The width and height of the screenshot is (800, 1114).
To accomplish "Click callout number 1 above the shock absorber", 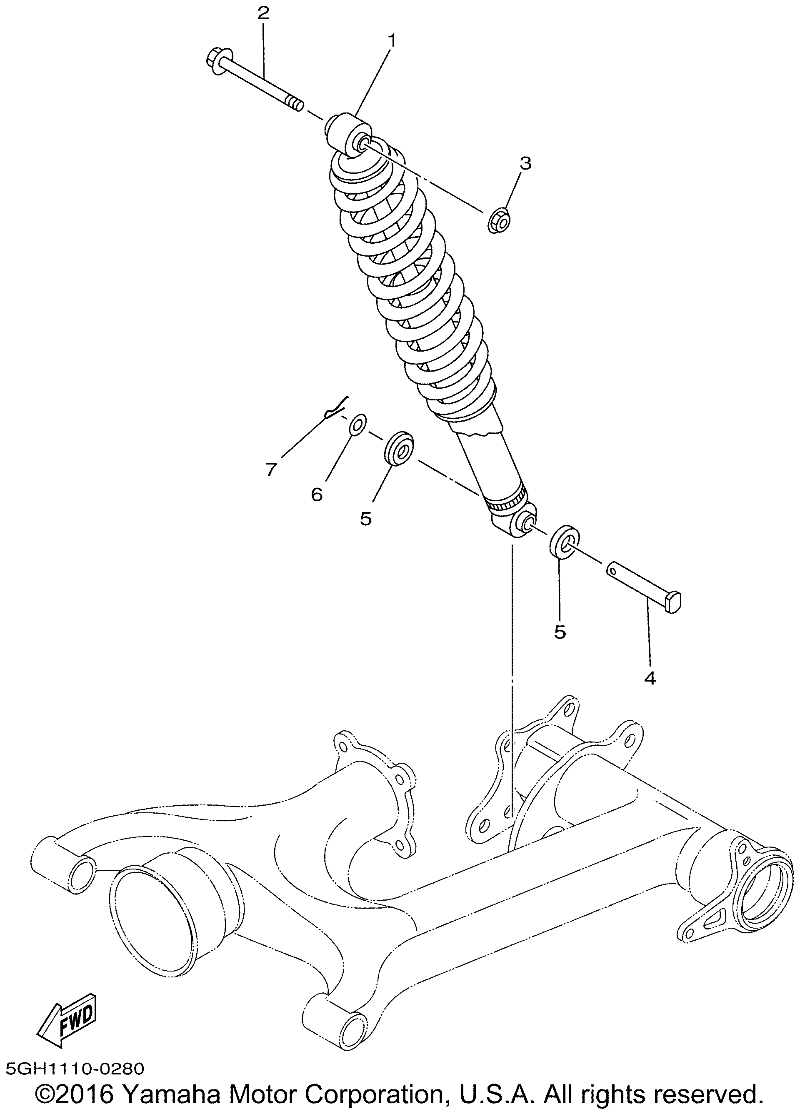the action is [392, 41].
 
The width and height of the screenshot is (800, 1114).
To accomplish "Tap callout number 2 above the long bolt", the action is [263, 13].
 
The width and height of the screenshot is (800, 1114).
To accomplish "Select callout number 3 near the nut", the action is [525, 163].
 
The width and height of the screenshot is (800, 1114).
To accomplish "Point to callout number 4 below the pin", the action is [650, 678].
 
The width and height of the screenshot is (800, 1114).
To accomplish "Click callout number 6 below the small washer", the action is [317, 494].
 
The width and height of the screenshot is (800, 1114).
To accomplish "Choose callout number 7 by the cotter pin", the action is [271, 470].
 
